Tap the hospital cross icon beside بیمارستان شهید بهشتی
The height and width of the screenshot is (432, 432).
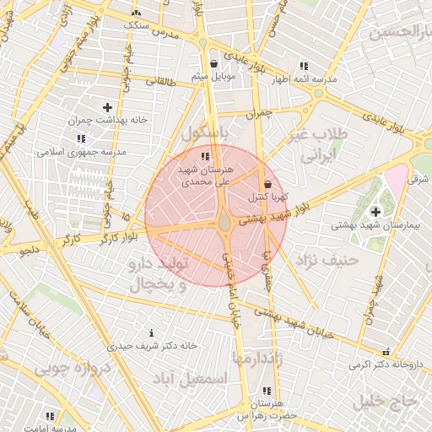click(x=375, y=210)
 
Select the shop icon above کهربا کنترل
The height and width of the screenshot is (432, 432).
click(x=268, y=184)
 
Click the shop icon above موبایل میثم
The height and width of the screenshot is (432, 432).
click(x=213, y=63)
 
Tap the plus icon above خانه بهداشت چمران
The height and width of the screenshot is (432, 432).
click(x=107, y=107)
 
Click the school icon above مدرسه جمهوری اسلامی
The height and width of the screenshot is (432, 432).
click(x=81, y=138)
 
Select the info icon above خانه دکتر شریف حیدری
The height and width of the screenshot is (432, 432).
click(x=151, y=332)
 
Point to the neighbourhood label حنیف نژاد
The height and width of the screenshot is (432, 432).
click(x=329, y=260)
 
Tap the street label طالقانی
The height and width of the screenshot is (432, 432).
click(x=161, y=83)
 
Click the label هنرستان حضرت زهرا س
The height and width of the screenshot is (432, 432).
click(x=267, y=410)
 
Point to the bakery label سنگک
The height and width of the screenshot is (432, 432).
click(x=138, y=24)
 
